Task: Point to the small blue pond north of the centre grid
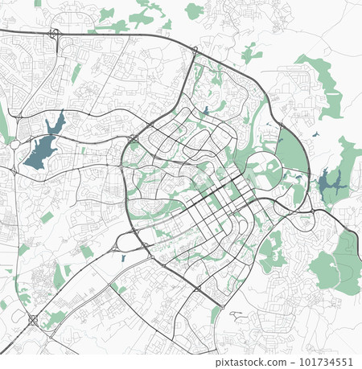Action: pos(206,111)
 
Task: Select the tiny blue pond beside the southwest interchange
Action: pos(122,257)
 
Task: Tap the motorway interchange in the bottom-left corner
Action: pos(33,320)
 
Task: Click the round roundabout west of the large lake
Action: pos(14,145)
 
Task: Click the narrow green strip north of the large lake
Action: pos(76,73)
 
